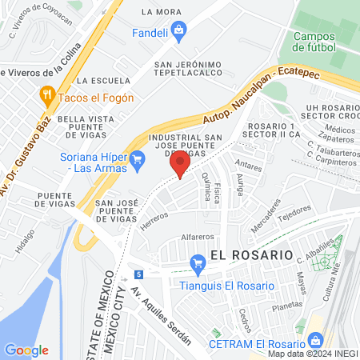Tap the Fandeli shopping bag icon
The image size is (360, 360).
click(178, 33)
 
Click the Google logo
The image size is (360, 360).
click(26, 350)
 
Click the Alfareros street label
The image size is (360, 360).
click(198, 238)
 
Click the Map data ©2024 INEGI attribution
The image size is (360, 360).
click(311, 354)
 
